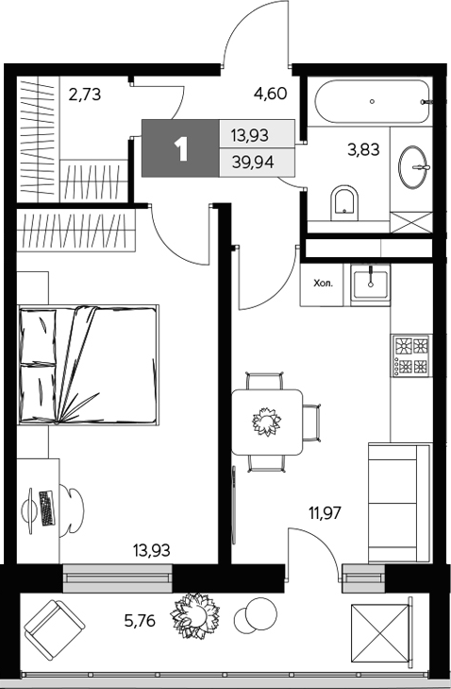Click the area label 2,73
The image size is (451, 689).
(85, 94)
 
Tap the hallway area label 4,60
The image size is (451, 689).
(271, 94)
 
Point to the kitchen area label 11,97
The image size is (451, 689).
(324, 514)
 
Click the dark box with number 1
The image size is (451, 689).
(180, 148)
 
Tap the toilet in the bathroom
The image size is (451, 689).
(345, 200)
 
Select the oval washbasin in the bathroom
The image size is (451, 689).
(415, 167)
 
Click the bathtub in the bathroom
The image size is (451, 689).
(373, 102)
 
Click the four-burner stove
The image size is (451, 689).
(411, 355)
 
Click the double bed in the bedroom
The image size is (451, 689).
(87, 365)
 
